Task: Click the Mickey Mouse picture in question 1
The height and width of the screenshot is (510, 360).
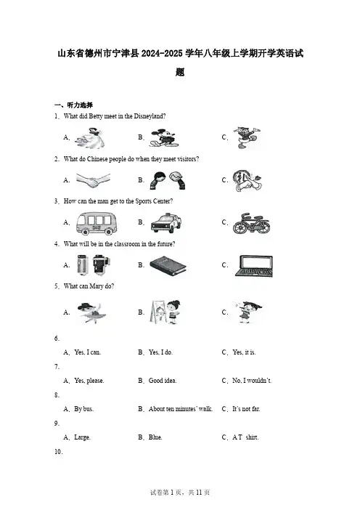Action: (163, 137)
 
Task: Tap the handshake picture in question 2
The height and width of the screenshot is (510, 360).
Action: (93, 180)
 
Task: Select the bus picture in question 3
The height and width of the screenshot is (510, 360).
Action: (97, 223)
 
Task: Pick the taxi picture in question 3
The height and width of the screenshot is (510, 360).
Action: (166, 223)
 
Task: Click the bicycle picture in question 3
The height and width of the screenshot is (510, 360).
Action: (251, 224)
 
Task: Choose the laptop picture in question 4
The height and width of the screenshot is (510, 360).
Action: (254, 266)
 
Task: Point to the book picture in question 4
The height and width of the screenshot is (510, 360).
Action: (168, 265)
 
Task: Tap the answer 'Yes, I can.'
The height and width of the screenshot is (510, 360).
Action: (87, 352)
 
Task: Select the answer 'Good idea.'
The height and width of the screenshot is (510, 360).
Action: (163, 381)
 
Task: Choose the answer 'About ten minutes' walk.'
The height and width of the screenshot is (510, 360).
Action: (181, 409)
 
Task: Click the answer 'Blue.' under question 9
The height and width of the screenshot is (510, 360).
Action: (155, 437)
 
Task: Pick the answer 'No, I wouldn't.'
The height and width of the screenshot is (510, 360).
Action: (252, 381)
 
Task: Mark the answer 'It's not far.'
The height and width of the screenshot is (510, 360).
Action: (246, 409)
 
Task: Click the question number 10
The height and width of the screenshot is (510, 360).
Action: (59, 451)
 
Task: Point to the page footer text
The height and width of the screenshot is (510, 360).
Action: (180, 493)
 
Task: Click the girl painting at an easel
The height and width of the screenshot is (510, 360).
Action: (165, 312)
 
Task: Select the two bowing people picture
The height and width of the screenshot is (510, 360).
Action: (168, 180)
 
